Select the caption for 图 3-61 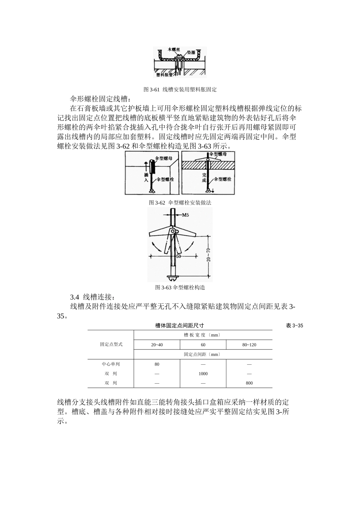point(180,90)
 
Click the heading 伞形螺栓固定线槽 point(100,99)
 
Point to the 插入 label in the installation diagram point(146,177)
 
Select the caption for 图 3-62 point(180,203)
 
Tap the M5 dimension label point(185,215)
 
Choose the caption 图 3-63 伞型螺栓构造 point(180,287)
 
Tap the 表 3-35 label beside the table point(294,326)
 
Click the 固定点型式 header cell point(111,344)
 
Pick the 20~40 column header point(157,345)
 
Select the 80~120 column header point(249,345)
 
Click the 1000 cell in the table point(203,374)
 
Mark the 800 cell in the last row point(249,383)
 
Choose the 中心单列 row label point(111,364)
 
